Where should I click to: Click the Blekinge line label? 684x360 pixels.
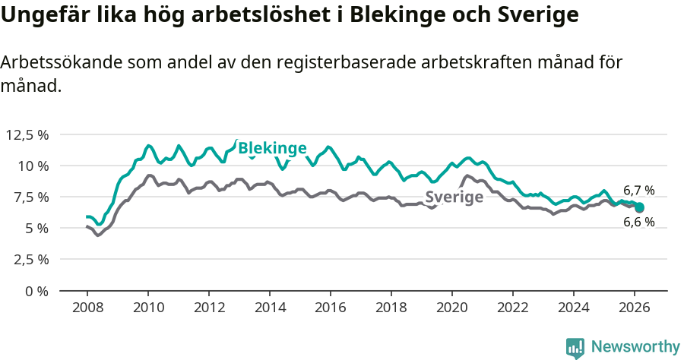tap(272, 148)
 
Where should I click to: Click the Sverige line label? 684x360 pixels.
tap(454, 197)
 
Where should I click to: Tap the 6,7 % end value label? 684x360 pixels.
tap(638, 191)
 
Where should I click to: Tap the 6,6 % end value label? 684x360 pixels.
tap(638, 223)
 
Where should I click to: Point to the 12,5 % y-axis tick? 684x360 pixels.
tap(27, 134)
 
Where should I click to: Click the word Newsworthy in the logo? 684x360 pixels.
tap(635, 347)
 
